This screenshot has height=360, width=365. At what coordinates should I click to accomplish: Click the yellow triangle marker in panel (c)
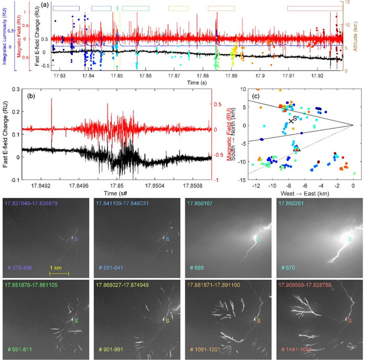point(297,148)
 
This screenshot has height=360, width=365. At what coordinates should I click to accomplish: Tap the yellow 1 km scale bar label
point(58,267)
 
